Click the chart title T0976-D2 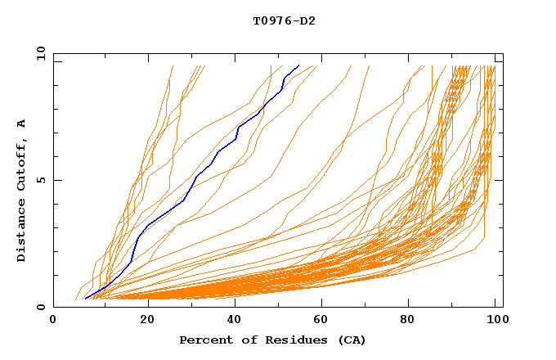pos(284,20)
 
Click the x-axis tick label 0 pos(53,322)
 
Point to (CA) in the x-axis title pos(351,340)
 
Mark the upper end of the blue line pos(299,65)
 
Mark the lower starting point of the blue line pos(85,299)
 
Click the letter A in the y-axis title pos(22,124)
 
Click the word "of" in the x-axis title pos(243,340)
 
